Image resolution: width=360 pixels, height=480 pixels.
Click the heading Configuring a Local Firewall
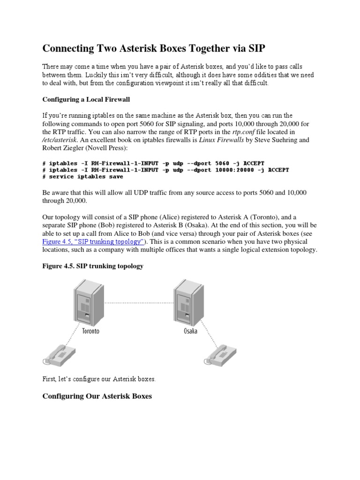(86, 99)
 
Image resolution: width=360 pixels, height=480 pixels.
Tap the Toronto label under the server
(90, 331)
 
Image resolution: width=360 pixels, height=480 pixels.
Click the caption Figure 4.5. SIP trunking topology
(93, 266)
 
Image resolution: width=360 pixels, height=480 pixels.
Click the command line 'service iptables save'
(86, 177)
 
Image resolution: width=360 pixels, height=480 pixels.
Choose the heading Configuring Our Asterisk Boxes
(97, 396)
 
